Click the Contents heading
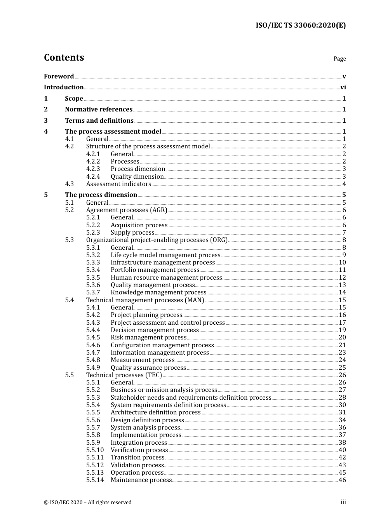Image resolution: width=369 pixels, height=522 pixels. point(64,57)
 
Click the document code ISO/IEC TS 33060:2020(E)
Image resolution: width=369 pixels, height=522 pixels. point(301,25)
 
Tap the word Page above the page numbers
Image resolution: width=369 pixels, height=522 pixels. point(339,59)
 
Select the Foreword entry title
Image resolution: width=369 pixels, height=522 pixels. point(59,77)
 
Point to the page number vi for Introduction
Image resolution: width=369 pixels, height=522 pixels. point(343,87)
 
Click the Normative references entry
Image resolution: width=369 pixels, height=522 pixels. point(99,110)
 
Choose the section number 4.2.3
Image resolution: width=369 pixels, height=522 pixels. point(93,169)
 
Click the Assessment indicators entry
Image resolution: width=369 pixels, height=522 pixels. point(118,184)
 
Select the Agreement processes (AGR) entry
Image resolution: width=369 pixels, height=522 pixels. point(127,210)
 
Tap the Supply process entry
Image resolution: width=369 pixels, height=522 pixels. point(132,233)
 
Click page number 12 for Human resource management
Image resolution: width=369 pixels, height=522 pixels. point(342,278)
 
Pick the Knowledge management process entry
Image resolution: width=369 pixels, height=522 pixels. point(158,292)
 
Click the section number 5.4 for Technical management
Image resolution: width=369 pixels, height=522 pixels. point(70,300)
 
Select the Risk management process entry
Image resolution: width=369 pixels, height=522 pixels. point(148,338)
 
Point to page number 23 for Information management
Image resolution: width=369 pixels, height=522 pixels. point(342,353)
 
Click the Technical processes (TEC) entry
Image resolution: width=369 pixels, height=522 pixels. point(124,375)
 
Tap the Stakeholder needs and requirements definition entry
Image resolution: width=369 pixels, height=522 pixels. point(191,398)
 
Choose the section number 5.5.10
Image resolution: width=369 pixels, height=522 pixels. point(95,450)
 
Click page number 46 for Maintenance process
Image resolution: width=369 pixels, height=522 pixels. point(342,480)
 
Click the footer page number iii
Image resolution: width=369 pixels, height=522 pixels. point(343,502)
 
